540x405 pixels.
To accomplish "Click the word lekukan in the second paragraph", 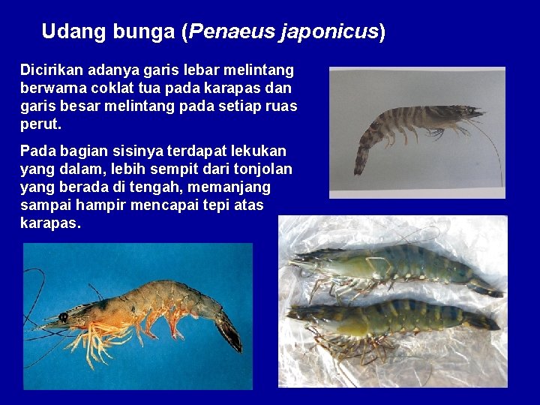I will (260, 151).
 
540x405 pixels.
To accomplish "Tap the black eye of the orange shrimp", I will (63, 317).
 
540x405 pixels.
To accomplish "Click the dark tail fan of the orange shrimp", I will (229, 332).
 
